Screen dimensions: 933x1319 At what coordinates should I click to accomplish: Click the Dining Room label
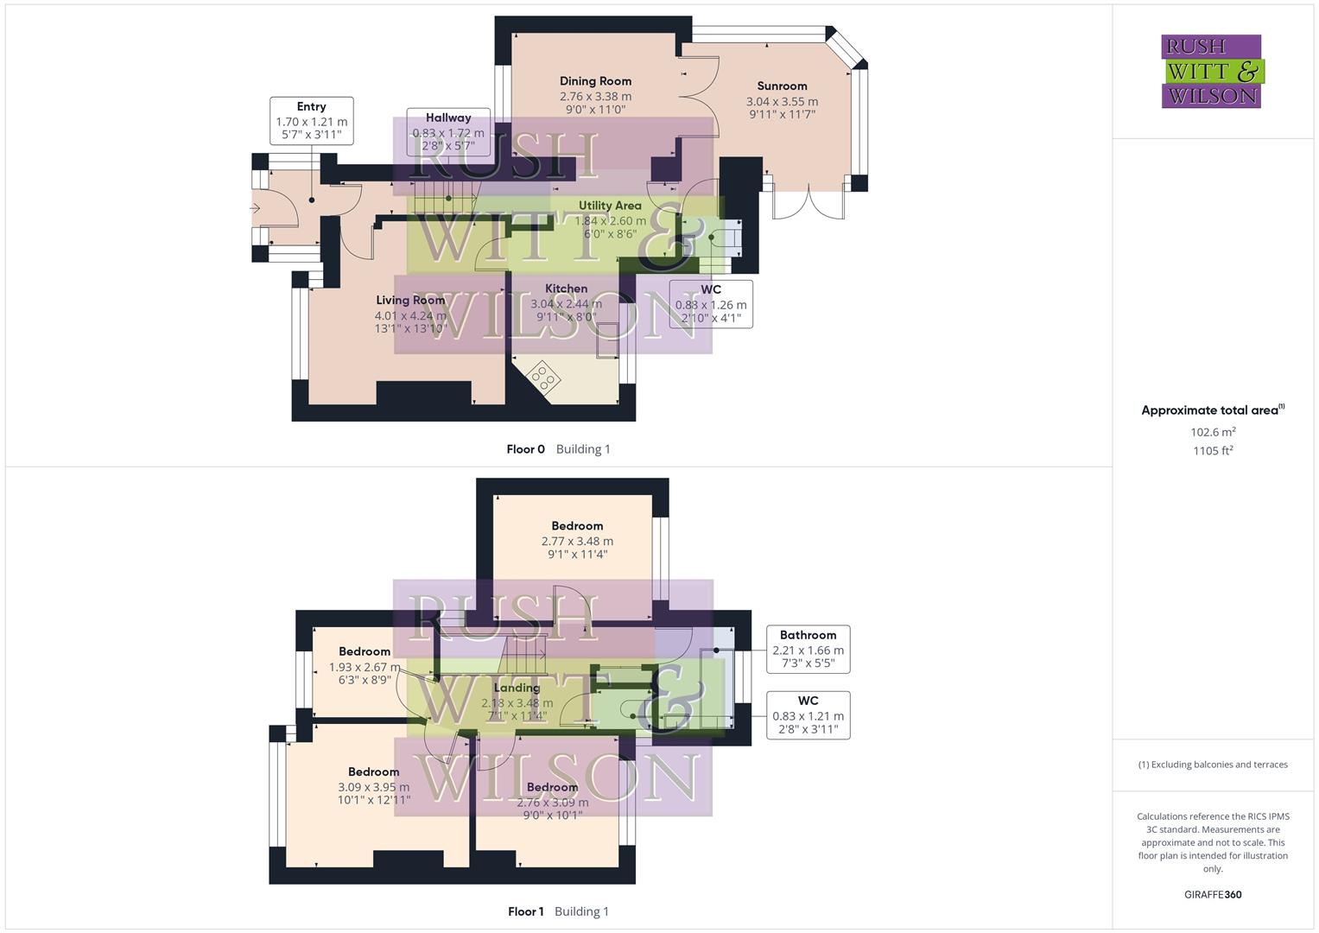click(x=595, y=81)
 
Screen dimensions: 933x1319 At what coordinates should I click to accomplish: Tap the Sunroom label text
click(x=782, y=86)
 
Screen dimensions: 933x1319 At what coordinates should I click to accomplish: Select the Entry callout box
click(x=311, y=121)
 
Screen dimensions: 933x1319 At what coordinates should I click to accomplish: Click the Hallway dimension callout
click(x=448, y=132)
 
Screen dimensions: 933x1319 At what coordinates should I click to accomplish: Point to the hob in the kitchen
click(x=544, y=376)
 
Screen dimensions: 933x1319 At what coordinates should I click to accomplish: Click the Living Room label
click(x=410, y=301)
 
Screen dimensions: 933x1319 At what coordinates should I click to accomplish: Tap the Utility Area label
click(x=610, y=206)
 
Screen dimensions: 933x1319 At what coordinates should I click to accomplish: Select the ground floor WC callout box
click(x=711, y=303)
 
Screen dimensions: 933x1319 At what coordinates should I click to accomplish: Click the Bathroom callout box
click(x=808, y=649)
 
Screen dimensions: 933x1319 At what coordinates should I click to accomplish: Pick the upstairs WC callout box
click(x=808, y=714)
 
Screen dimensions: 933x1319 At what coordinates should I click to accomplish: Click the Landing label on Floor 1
click(x=517, y=688)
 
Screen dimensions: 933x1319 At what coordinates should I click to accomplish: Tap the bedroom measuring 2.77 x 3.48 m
click(x=577, y=540)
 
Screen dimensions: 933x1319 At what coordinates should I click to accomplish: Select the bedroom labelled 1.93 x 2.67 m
click(x=364, y=665)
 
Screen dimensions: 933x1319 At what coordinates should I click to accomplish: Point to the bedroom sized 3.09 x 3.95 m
click(x=373, y=785)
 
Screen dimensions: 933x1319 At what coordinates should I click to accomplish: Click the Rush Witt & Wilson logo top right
click(x=1211, y=71)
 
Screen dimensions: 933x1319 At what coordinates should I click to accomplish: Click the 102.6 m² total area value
click(x=1213, y=432)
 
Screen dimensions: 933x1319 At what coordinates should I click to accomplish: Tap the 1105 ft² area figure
click(x=1213, y=451)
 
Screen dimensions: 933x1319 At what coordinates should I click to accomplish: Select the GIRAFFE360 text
click(x=1213, y=895)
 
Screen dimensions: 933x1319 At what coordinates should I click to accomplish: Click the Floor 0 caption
click(x=525, y=449)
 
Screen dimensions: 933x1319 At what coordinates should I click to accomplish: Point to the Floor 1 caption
click(x=525, y=911)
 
